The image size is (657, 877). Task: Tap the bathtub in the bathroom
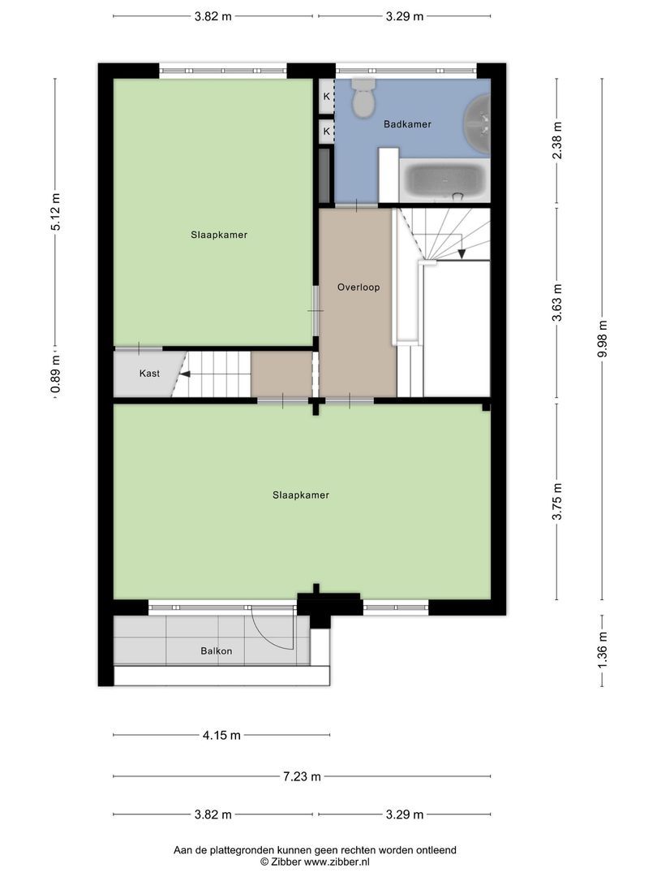tap(444, 180)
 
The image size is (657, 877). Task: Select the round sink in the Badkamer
tap(479, 124)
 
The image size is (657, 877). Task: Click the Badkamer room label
tap(407, 124)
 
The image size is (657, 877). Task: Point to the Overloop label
tap(359, 287)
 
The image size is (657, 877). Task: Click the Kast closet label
tap(150, 373)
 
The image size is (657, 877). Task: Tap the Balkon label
tap(217, 651)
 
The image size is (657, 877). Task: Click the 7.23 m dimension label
tap(303, 776)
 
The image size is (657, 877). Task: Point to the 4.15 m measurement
tap(221, 735)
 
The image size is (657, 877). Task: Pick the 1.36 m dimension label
tap(602, 650)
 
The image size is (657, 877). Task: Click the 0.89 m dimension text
tap(55, 374)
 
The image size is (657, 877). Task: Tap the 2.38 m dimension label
tap(557, 140)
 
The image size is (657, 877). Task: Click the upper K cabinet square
tap(326, 96)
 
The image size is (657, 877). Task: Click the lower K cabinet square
tap(326, 132)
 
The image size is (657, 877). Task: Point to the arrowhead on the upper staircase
tap(462, 254)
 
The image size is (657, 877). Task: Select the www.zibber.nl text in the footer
tap(336, 862)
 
